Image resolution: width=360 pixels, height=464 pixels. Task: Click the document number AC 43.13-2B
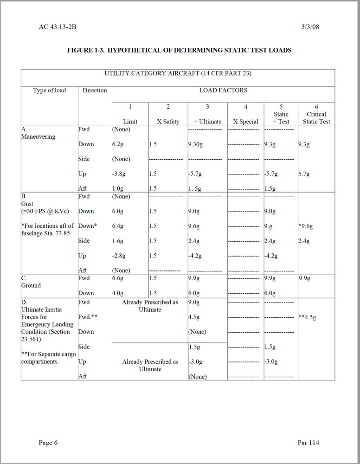tap(58, 27)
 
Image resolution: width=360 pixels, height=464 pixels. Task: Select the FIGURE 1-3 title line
tap(179, 50)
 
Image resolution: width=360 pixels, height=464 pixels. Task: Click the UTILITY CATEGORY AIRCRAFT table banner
tap(178, 73)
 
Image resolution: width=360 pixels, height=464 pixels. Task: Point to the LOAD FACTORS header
tap(223, 90)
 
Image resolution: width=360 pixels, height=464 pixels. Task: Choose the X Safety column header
tap(168, 122)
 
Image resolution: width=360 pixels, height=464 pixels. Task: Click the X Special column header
tap(245, 122)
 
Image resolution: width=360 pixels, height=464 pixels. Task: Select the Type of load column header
tap(50, 90)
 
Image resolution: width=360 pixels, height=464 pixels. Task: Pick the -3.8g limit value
tap(119, 174)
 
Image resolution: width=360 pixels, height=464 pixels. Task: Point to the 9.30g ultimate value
tap(196, 144)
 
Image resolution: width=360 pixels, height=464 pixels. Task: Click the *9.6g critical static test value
tap(306, 226)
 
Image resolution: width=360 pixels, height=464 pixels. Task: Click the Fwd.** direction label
tap(88, 317)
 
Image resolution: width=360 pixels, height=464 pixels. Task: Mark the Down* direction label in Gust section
tap(87, 226)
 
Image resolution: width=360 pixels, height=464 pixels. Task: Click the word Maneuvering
tap(38, 137)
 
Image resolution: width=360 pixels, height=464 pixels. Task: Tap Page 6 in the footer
tap(48, 443)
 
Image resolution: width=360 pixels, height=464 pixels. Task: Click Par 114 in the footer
tap(308, 443)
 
